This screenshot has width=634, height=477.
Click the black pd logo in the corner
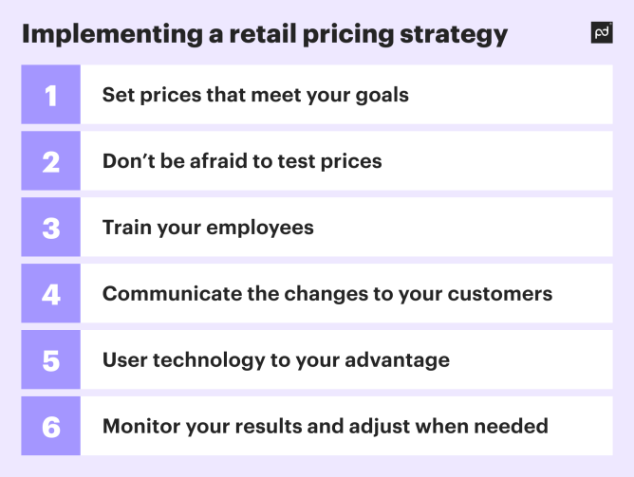(x=601, y=33)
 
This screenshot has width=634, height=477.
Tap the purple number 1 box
(x=51, y=95)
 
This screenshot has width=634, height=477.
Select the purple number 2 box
(x=51, y=161)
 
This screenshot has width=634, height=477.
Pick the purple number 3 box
(x=51, y=228)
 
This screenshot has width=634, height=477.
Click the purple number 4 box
(x=51, y=294)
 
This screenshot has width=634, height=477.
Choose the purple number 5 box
(x=51, y=360)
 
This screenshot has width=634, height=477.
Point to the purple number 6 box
(x=51, y=427)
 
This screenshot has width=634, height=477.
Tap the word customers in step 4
(x=501, y=294)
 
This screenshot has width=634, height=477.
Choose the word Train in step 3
(x=126, y=228)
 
